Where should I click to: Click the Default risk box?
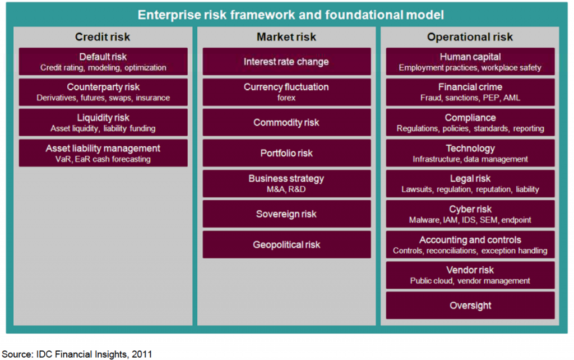[x=103, y=62]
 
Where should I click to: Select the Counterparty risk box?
[x=103, y=93]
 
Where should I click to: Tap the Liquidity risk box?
[x=103, y=123]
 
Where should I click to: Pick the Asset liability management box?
[x=103, y=153]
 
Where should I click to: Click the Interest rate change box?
[x=286, y=62]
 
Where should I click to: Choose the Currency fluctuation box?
[x=286, y=93]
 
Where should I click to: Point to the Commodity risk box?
[x=286, y=123]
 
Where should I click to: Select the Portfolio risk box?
[x=286, y=153]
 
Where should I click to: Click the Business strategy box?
[x=286, y=183]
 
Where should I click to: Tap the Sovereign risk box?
[x=286, y=214]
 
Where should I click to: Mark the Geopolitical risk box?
[x=286, y=244]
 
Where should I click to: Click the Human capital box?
[x=470, y=62]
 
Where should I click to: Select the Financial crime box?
[x=470, y=93]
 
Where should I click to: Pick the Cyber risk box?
[x=470, y=214]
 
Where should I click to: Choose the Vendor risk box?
[x=470, y=275]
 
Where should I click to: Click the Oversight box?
[x=470, y=306]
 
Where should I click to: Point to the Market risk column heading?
[x=286, y=37]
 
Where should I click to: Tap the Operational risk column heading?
[x=470, y=37]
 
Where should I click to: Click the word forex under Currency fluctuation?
[x=286, y=98]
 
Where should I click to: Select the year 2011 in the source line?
[x=142, y=354]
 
